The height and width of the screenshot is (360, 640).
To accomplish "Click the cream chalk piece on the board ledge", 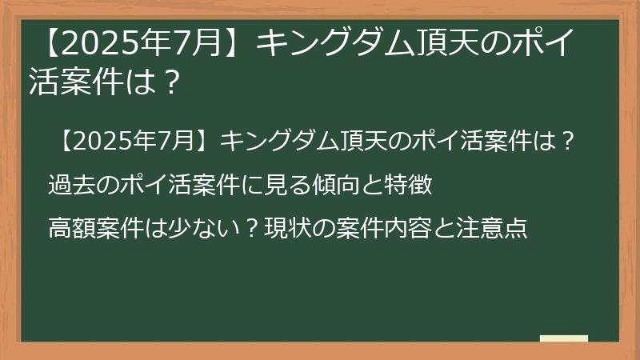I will coord(564,338).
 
